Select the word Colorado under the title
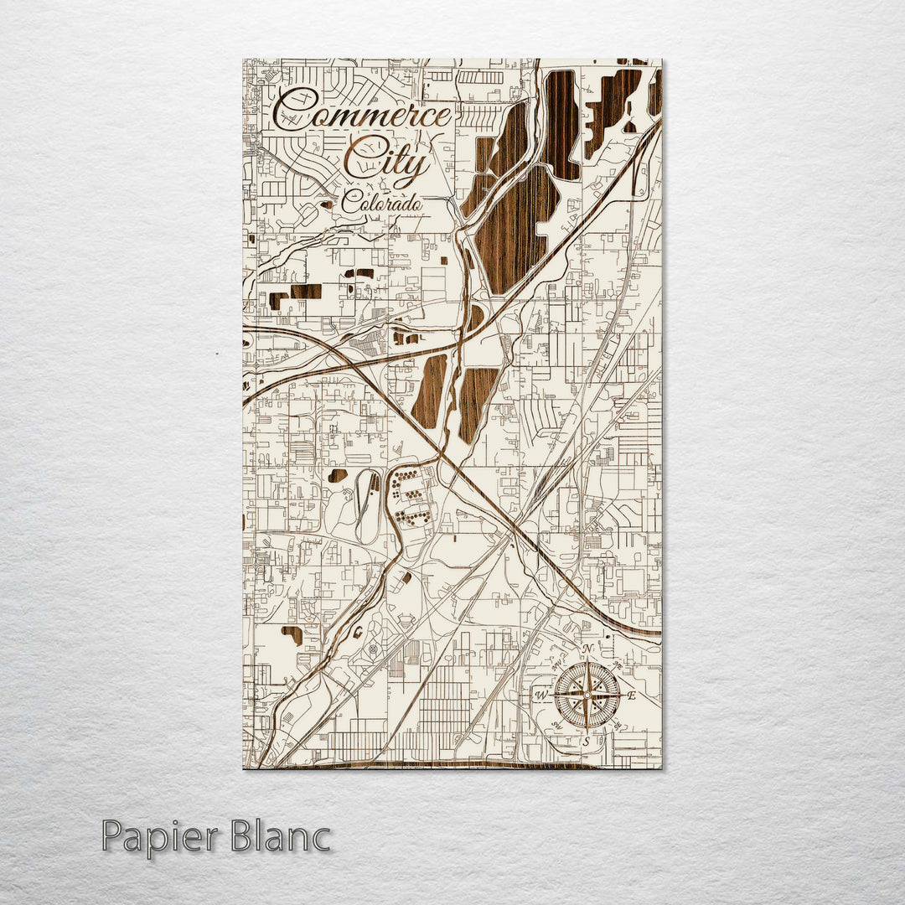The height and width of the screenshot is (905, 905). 381,202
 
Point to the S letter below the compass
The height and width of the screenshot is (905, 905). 587,740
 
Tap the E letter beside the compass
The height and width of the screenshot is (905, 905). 633,696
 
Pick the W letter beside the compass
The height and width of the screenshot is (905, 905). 541,696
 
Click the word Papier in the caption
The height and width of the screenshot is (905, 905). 158,837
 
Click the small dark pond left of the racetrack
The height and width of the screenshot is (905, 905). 338,475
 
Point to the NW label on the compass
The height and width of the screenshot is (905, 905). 556,664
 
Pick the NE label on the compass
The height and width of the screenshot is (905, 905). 618,664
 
